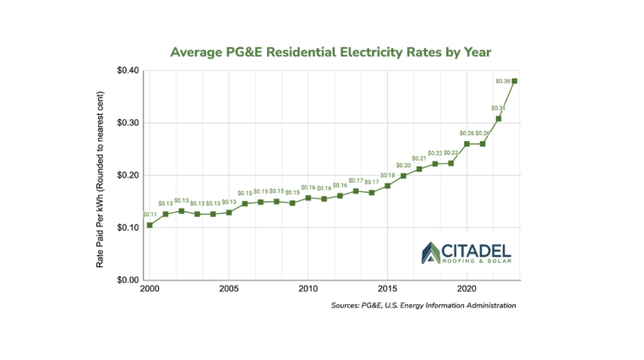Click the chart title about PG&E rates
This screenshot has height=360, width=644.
[330, 52]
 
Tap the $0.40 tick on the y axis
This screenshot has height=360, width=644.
[128, 70]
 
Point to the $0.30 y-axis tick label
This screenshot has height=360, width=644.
[128, 123]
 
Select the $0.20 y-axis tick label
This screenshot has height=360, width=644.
[128, 175]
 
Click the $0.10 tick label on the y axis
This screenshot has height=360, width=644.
[128, 227]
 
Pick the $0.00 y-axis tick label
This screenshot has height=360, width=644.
[128, 280]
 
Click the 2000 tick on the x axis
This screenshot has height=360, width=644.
[150, 289]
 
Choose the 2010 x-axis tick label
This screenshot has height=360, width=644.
[307, 289]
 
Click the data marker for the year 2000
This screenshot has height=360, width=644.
[150, 225]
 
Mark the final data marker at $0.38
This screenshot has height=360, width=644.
[515, 81]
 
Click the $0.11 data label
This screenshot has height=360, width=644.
[150, 215]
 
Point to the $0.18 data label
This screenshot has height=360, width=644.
[387, 175]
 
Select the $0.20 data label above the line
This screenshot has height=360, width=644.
[403, 165]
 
